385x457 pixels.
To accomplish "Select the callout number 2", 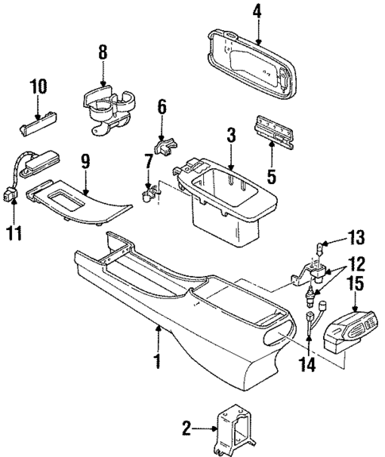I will coord(187,429).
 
